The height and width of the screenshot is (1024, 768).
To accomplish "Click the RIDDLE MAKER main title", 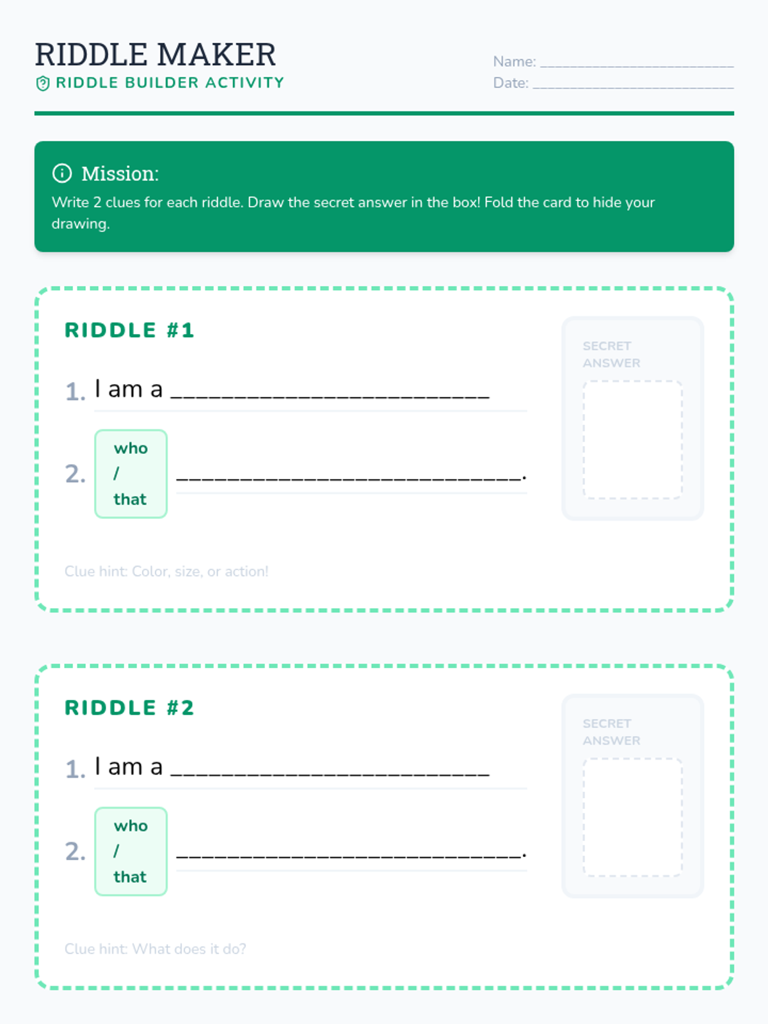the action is pyautogui.click(x=156, y=54).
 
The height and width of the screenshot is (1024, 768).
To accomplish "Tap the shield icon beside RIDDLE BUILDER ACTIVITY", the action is pyautogui.click(x=42, y=83).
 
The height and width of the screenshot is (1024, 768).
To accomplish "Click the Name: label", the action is pyautogui.click(x=515, y=61).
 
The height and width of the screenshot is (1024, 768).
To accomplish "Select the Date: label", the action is pyautogui.click(x=511, y=83).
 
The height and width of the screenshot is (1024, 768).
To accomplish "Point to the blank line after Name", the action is pyautogui.click(x=637, y=67).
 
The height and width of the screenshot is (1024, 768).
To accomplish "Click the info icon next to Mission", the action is pyautogui.click(x=62, y=173).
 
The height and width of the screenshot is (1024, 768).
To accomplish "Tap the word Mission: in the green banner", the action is pyautogui.click(x=120, y=173).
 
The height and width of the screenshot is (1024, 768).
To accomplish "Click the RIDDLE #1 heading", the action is pyautogui.click(x=129, y=330).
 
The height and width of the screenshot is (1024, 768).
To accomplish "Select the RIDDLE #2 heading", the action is pyautogui.click(x=129, y=708).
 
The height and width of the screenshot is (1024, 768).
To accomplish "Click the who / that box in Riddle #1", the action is pyautogui.click(x=131, y=474).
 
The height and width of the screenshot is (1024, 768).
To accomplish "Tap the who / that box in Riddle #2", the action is pyautogui.click(x=131, y=851).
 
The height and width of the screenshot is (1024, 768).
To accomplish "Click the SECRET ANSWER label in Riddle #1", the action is pyautogui.click(x=611, y=355).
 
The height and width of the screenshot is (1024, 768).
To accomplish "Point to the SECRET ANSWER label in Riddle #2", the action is pyautogui.click(x=611, y=732).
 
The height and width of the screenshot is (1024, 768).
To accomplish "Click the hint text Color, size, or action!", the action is pyautogui.click(x=200, y=572).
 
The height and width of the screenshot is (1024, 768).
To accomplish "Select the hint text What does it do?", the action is pyautogui.click(x=189, y=949).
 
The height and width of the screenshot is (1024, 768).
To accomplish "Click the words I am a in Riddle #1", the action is pyautogui.click(x=129, y=388).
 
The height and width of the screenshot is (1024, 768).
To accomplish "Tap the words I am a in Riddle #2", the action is pyautogui.click(x=129, y=767).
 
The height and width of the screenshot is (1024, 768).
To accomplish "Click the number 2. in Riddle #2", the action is pyautogui.click(x=75, y=851).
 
